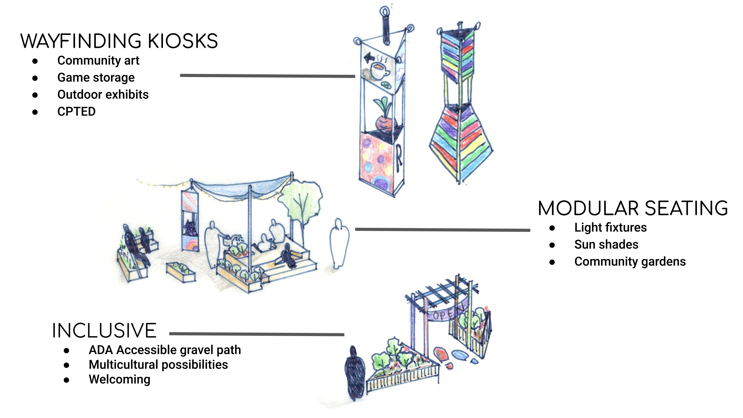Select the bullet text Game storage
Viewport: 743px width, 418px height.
pyautogui.click(x=96, y=78)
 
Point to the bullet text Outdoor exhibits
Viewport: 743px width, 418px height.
pyautogui.click(x=103, y=95)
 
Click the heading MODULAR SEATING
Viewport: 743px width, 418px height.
pyautogui.click(x=633, y=208)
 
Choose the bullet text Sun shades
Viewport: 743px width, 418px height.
pyautogui.click(x=606, y=245)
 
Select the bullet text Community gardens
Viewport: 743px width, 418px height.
pyautogui.click(x=630, y=262)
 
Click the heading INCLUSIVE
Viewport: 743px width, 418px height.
pyautogui.click(x=104, y=331)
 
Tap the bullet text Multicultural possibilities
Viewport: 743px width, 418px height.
pyautogui.click(x=158, y=365)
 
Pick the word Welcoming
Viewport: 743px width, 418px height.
pyautogui.click(x=119, y=379)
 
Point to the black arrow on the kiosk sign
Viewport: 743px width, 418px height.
pyautogui.click(x=369, y=58)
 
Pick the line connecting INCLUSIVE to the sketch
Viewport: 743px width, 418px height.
pyautogui.click(x=257, y=334)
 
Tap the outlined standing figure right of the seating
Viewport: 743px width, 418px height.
pyautogui.click(x=339, y=244)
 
